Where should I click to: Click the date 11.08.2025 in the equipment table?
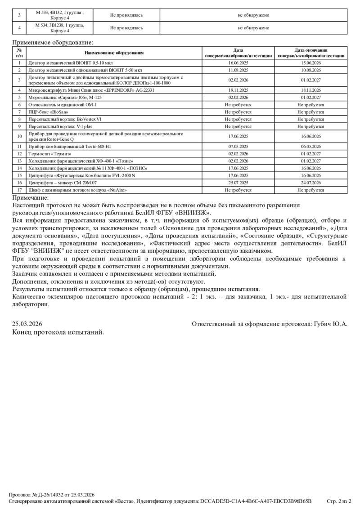tap(238, 70)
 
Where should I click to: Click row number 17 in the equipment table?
tap(19, 190)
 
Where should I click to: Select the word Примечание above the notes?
tap(30, 198)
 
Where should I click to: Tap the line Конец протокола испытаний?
tap(58, 332)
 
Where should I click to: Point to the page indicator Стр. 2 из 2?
tap(338, 501)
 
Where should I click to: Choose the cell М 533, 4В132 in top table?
tap(59, 15)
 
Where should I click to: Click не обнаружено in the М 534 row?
tap(253, 28)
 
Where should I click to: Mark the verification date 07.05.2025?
tap(238, 147)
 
